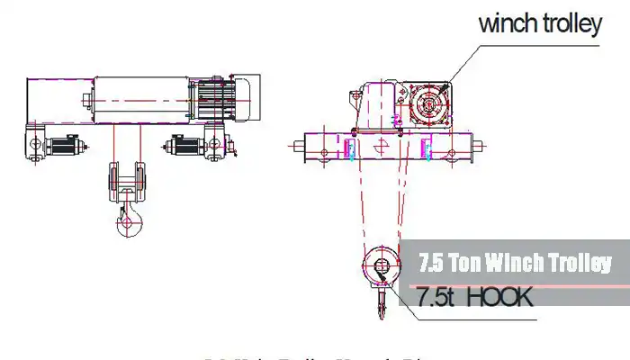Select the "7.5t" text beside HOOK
(436, 296)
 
